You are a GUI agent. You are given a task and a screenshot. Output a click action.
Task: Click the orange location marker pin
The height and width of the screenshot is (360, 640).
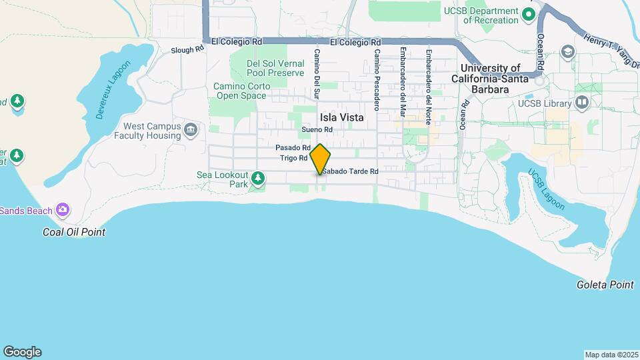320,159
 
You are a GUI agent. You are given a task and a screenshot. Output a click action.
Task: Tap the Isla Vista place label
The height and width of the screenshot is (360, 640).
342,117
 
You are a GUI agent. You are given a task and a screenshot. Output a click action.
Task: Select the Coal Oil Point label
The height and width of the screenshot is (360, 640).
74,232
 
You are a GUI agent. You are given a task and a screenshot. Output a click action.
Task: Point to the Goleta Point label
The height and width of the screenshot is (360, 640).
605,285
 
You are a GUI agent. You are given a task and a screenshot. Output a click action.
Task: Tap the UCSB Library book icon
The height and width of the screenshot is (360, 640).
582,103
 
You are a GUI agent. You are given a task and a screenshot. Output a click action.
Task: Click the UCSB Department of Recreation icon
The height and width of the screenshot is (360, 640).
529,14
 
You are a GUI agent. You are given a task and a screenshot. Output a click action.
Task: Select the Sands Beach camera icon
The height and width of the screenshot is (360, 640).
63,211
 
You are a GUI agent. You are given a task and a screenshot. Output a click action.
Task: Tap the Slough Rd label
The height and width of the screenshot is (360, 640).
187,50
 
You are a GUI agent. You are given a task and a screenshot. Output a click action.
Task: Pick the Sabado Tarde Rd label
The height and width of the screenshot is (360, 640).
351,171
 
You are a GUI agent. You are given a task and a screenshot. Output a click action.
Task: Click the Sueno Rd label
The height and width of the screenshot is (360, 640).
316,129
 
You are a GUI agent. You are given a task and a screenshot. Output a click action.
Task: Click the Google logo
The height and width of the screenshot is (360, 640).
22,352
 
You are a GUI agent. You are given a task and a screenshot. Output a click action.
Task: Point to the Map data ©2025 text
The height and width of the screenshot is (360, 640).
611,355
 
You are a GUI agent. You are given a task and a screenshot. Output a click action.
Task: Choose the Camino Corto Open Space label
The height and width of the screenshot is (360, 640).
241,91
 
